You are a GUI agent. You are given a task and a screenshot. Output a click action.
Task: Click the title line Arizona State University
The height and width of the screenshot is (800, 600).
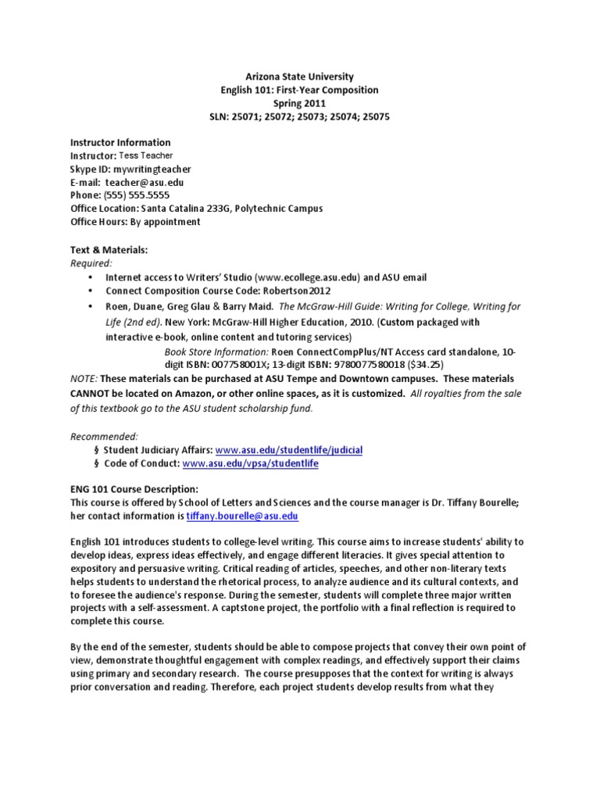click(x=300, y=77)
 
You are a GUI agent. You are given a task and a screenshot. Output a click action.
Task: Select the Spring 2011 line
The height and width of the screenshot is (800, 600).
click(x=300, y=103)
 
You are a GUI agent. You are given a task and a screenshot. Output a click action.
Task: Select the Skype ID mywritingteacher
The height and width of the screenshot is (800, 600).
click(x=152, y=169)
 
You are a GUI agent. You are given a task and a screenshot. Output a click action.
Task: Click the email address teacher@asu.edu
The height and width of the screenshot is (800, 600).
click(x=150, y=182)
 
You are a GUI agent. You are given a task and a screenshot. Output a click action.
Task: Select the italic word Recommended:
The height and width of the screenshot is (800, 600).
click(x=104, y=435)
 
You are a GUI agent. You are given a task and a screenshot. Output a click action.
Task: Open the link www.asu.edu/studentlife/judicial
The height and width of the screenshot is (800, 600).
click(x=289, y=451)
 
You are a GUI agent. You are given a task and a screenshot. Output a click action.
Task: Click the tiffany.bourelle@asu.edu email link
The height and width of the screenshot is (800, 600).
click(x=242, y=517)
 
